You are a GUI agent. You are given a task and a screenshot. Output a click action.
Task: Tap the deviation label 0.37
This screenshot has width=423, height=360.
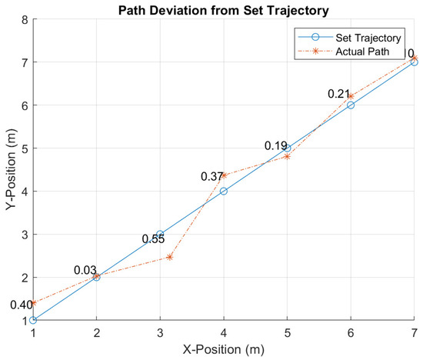tap(213, 177)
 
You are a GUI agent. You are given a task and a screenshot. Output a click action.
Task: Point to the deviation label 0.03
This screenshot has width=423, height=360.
tap(85, 270)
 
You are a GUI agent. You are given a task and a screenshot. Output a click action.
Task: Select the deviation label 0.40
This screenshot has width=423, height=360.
tap(21, 305)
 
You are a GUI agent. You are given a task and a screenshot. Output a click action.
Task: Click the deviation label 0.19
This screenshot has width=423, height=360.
tap(276, 146)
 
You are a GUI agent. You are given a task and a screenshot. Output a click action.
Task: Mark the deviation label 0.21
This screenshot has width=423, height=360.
tap(339, 94)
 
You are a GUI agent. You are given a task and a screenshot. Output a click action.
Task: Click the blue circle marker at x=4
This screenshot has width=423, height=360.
tap(224, 191)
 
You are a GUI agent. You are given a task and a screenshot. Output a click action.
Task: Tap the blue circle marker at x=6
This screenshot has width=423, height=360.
tap(351, 105)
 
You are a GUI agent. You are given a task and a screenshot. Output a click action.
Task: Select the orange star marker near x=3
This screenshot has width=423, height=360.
tap(169, 257)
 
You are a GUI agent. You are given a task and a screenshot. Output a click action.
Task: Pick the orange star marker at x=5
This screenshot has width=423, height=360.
tap(288, 156)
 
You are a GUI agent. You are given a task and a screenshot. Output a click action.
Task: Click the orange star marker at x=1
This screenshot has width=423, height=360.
tap(33, 303)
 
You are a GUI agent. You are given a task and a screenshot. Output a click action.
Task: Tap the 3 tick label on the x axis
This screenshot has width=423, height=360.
tap(160, 332)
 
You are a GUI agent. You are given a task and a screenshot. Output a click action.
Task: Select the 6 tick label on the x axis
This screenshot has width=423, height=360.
tap(351, 332)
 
